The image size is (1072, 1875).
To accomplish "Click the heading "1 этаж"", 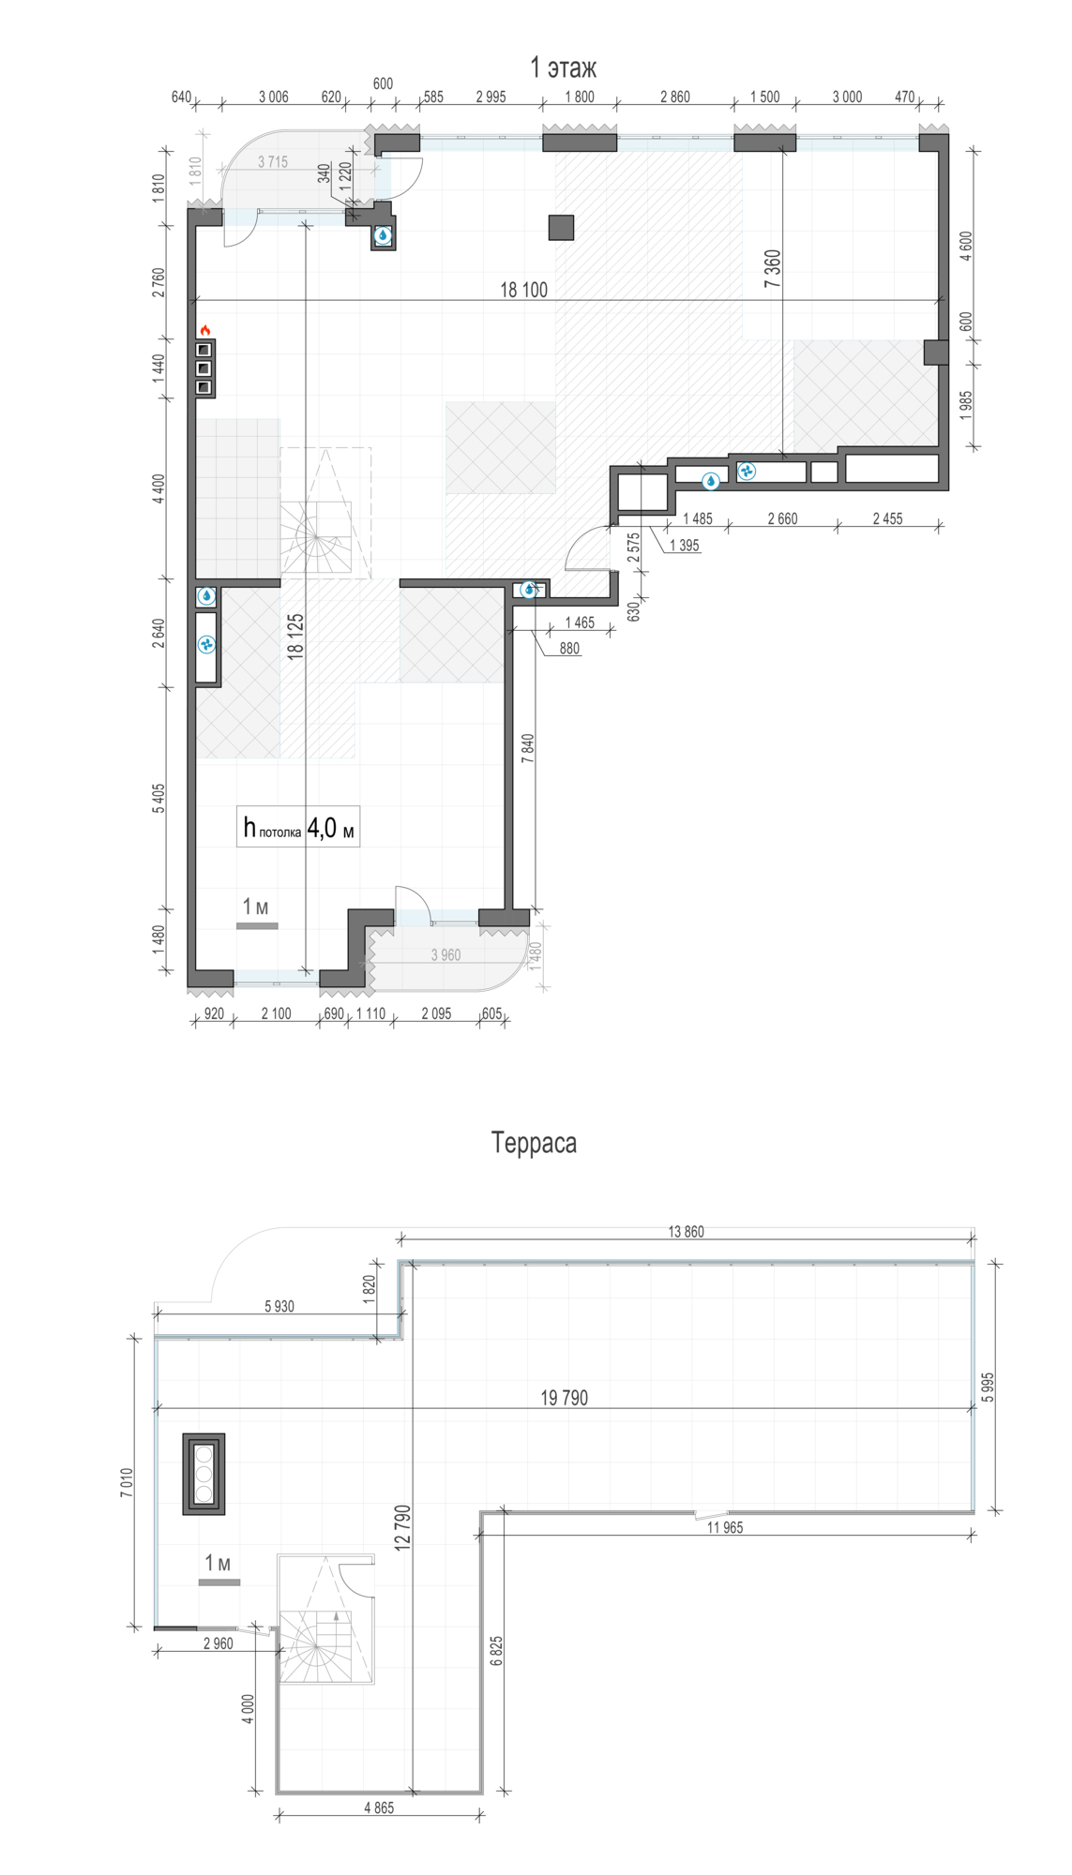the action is (563, 67).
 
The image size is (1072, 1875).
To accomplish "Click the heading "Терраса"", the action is (534, 1143).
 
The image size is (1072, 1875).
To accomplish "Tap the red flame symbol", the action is (204, 330).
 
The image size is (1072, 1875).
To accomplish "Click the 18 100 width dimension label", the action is (523, 290).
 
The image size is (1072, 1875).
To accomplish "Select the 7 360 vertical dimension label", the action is (772, 268).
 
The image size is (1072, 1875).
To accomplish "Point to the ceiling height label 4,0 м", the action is (331, 828).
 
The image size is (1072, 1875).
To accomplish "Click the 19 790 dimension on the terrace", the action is (564, 1398).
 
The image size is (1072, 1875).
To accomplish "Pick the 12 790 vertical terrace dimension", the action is (402, 1527).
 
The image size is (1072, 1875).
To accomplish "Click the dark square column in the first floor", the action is (561, 228).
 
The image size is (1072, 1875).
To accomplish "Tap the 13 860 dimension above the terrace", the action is (686, 1232).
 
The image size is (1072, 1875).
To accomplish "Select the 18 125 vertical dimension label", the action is (295, 637).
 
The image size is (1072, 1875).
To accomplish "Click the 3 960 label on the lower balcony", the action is (445, 955).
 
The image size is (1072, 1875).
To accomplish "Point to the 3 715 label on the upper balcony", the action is (273, 162).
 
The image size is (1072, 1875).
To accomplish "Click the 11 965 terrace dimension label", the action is (725, 1527).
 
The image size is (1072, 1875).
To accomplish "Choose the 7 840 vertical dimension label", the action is (527, 748).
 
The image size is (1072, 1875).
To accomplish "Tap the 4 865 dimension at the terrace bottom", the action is (379, 1808).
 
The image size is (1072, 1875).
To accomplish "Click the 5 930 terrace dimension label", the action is (279, 1307).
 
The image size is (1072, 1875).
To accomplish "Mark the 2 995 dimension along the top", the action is (491, 97).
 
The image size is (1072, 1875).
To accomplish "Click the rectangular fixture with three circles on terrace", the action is (204, 1474).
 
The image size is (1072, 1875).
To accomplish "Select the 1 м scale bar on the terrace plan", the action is (219, 1582).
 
